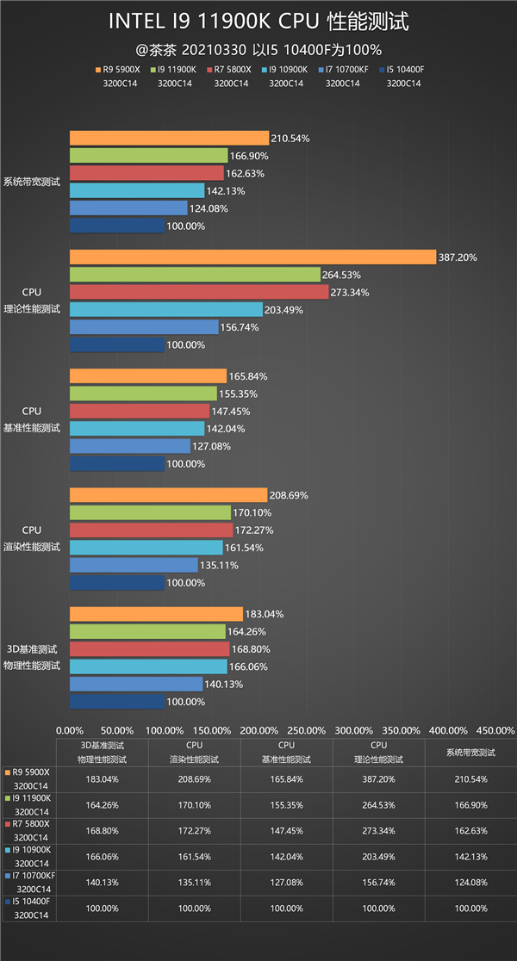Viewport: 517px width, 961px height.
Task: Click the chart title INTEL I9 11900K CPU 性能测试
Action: pos(258,21)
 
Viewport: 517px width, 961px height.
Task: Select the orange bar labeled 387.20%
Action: pos(252,257)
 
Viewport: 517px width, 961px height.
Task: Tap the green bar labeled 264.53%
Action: pos(195,275)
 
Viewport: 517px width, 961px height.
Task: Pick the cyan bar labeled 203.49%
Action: pos(165,309)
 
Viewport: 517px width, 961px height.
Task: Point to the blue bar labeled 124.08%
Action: pos(128,208)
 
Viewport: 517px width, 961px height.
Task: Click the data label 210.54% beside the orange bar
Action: pos(290,138)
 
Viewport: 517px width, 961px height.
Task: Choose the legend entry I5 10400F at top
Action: pos(404,69)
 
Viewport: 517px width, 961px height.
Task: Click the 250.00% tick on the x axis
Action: pos(308,729)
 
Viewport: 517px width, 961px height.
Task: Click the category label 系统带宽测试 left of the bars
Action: pos(32,182)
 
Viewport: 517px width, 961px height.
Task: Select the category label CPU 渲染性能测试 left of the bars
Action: pos(32,539)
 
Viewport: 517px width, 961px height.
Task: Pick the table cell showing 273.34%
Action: pos(379,831)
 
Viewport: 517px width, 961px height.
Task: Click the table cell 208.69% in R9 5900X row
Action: pos(194,779)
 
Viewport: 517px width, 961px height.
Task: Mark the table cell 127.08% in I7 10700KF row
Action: pos(286,883)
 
